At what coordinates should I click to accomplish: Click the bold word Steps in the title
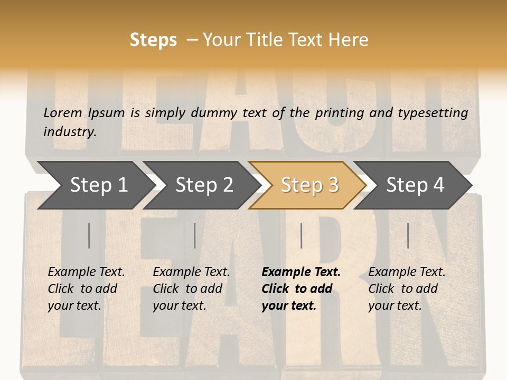point(153,40)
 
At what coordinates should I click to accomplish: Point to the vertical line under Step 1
point(89,235)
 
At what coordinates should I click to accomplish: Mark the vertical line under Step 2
point(195,235)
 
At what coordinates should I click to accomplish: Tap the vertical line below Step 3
point(302,235)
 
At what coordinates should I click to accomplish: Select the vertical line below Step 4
point(408,235)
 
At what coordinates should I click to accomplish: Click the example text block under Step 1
point(86,289)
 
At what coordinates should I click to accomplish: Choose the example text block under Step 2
point(191,289)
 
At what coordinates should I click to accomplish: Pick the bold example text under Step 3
point(301,289)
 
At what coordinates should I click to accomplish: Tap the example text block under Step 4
point(407,289)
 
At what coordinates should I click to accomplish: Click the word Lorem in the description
point(63,112)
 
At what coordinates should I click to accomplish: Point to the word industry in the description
point(70,132)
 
